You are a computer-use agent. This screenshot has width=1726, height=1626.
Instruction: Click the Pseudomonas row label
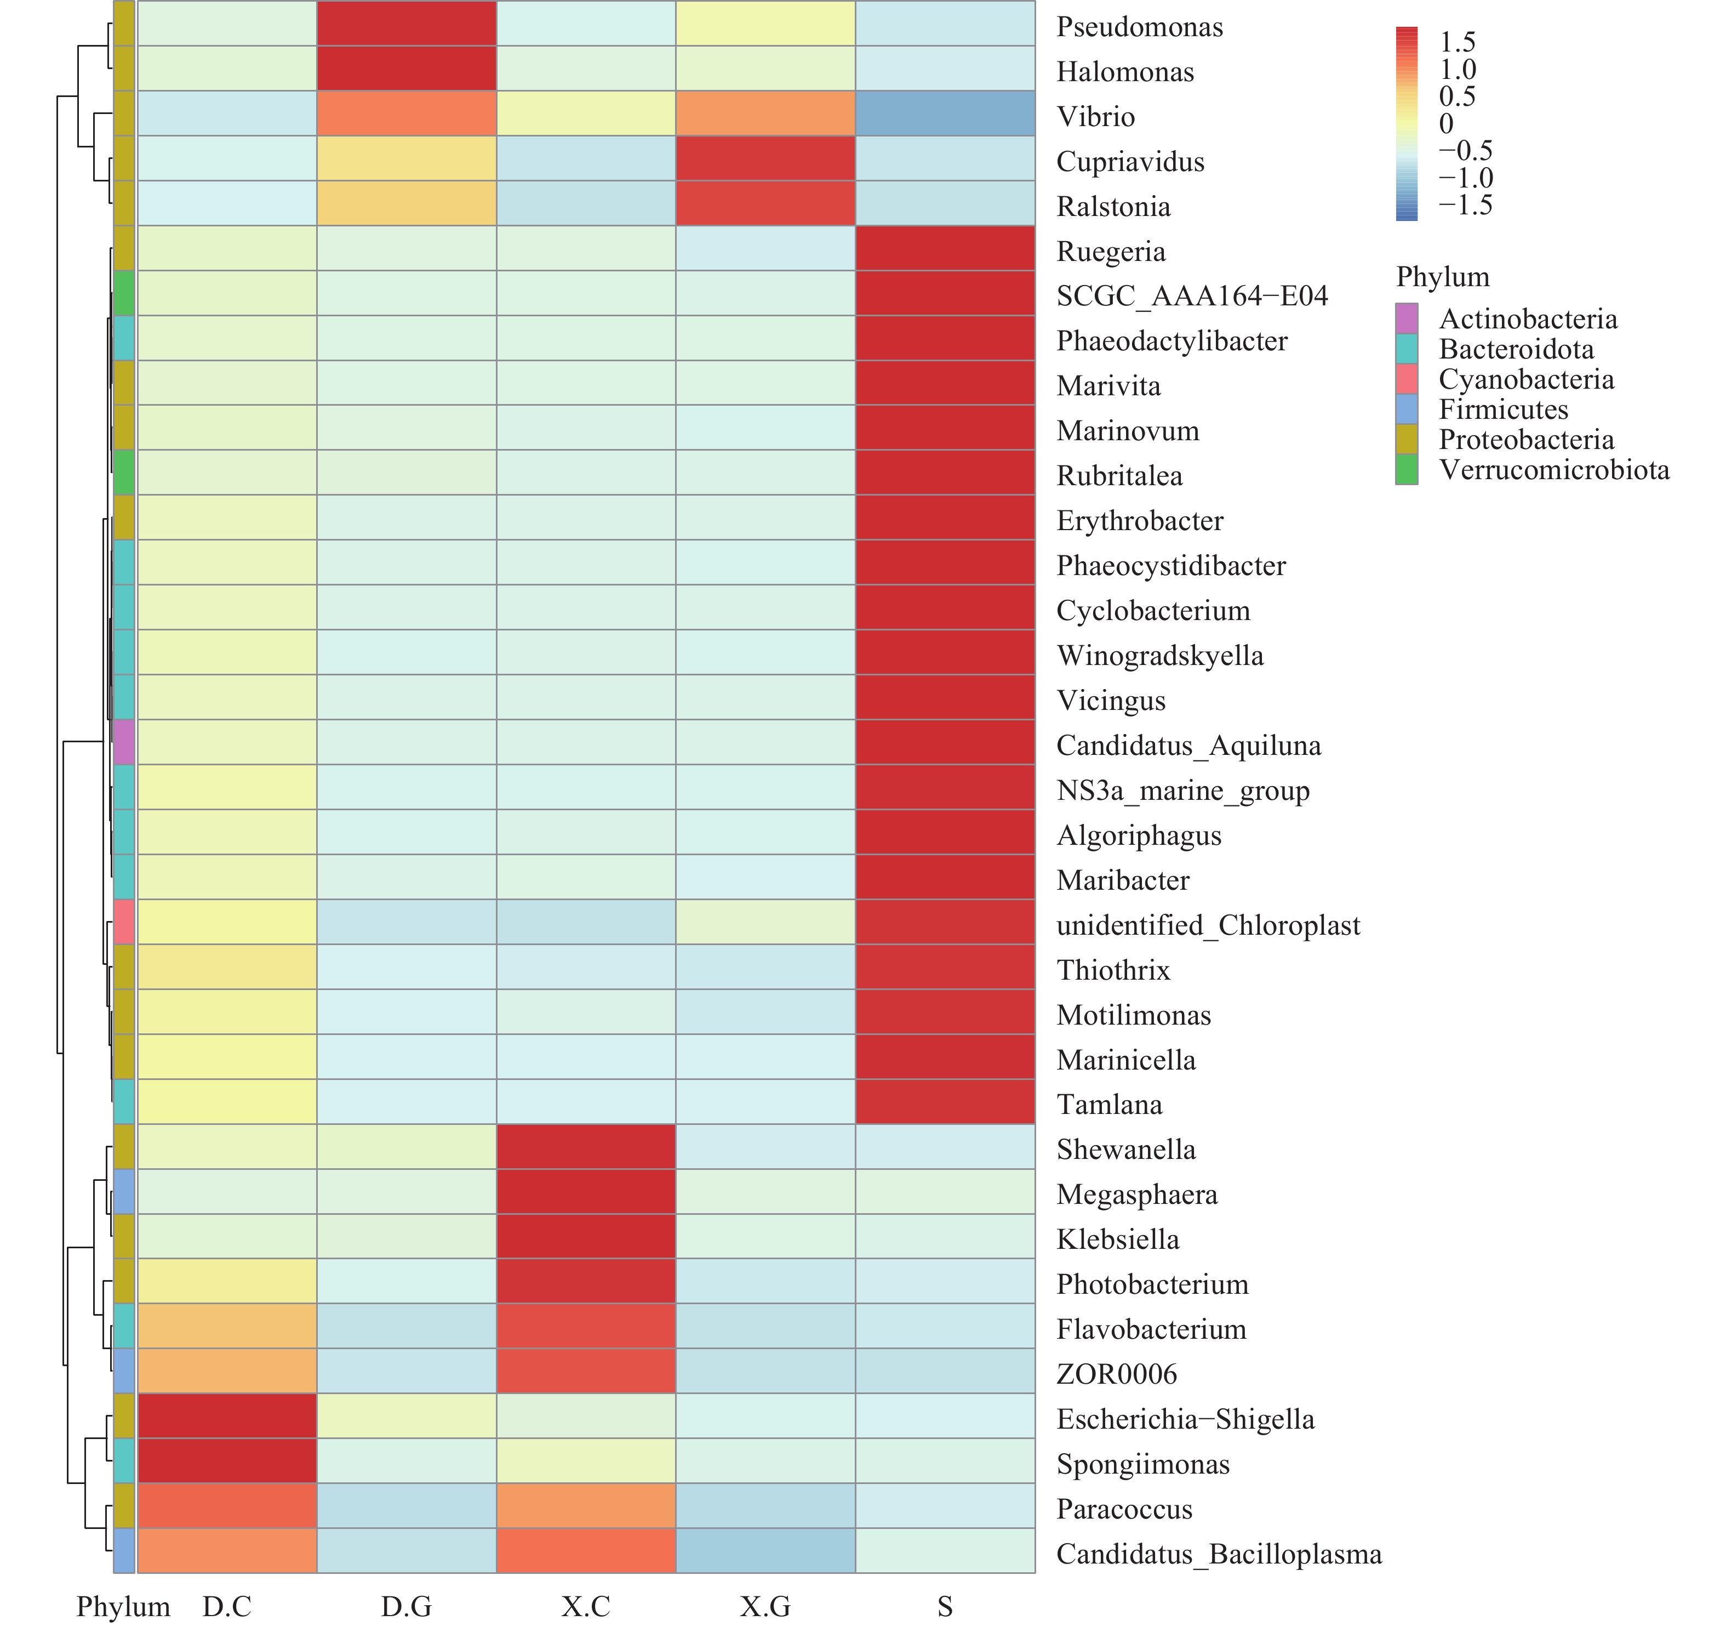[1139, 27]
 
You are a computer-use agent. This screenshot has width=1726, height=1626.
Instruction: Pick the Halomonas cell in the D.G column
[407, 69]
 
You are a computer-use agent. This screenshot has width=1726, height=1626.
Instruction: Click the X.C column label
[586, 1606]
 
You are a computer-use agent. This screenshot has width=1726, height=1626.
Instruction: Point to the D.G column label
[407, 1606]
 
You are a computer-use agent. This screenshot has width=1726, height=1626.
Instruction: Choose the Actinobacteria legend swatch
[1407, 319]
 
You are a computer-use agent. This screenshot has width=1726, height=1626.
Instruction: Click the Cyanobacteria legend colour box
[1407, 379]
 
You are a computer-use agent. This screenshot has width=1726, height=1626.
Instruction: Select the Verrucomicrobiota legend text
[1554, 470]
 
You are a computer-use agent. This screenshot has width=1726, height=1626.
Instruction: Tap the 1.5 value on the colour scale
[1457, 42]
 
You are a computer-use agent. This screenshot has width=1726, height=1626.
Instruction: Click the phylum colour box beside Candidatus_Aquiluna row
[124, 743]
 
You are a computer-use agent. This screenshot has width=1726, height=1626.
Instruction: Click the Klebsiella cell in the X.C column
[586, 1237]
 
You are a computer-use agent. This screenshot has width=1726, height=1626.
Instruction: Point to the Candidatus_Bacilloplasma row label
[1219, 1554]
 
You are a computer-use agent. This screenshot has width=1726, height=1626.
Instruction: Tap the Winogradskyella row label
[1160, 656]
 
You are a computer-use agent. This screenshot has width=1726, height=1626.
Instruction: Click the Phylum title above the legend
[1442, 277]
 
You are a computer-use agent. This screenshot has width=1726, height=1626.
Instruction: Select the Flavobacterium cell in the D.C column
[227, 1326]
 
